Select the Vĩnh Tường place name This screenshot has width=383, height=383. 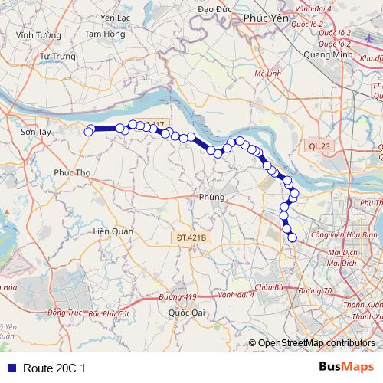(32, 34)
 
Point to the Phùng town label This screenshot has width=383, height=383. (211, 198)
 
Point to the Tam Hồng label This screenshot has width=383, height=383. (104, 34)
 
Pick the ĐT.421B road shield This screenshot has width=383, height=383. (192, 238)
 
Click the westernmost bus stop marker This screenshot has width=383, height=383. (88, 131)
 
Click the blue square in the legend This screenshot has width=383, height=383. (10, 368)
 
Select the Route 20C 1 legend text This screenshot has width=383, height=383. (54, 368)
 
